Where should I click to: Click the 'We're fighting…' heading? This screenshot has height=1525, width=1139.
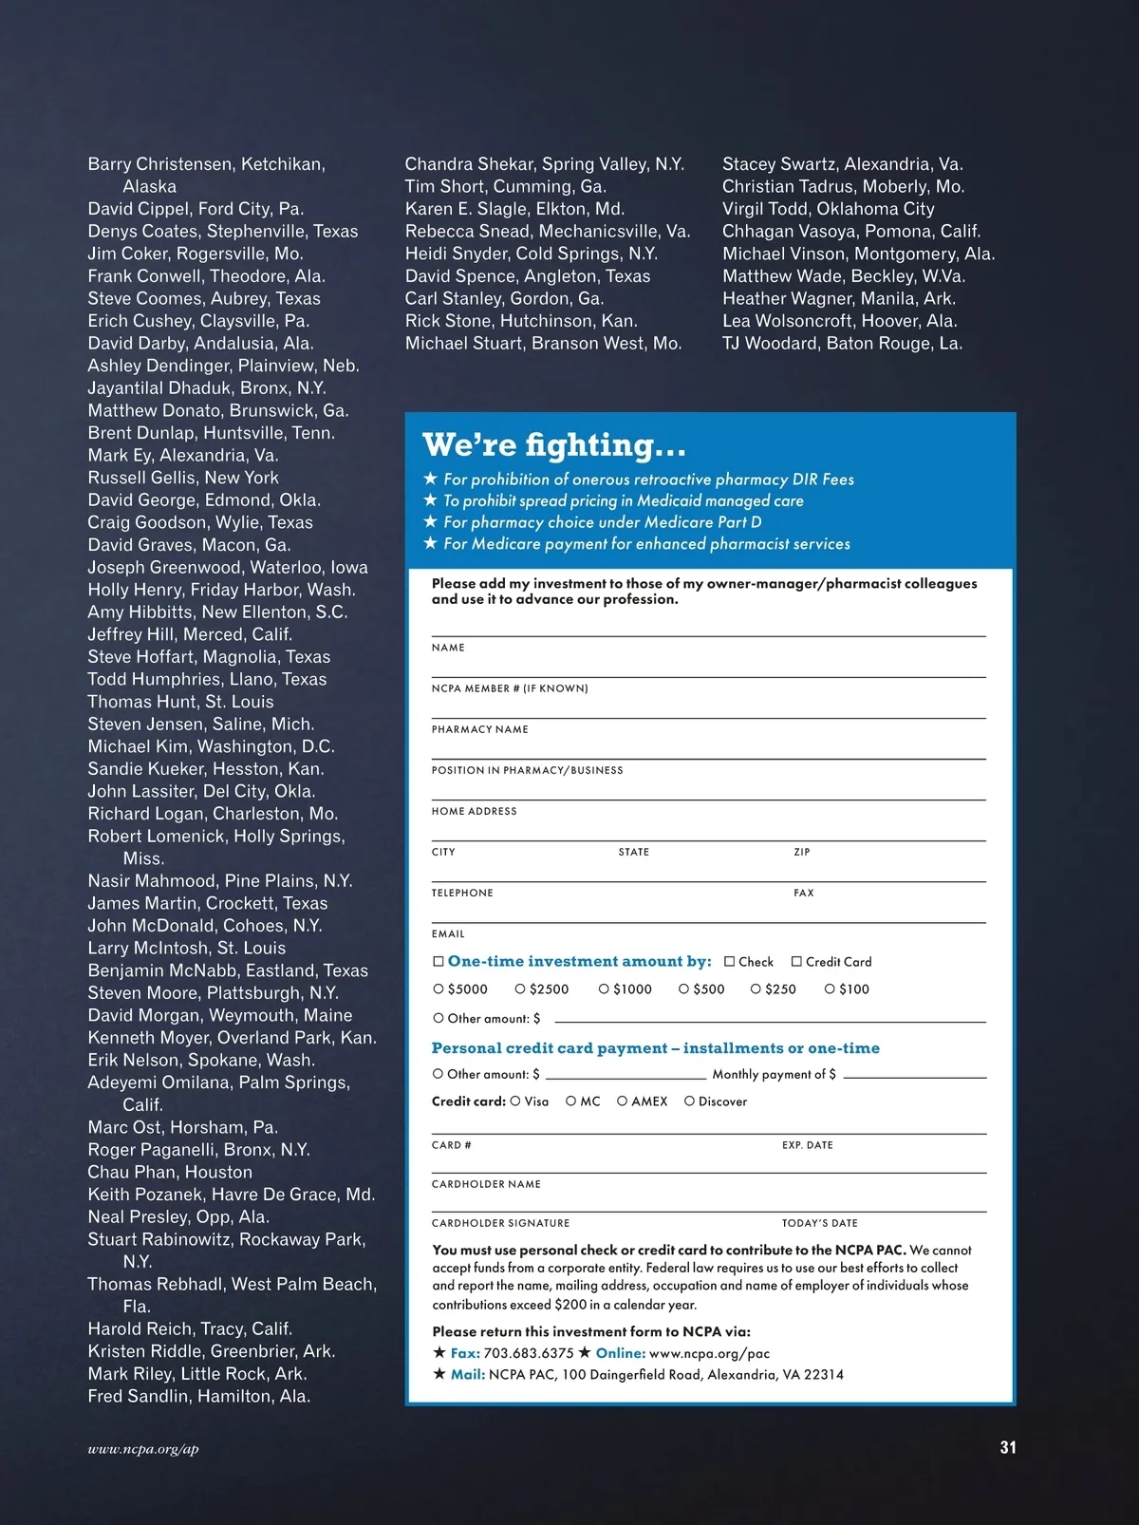(x=553, y=445)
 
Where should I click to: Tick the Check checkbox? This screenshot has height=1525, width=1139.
(x=730, y=962)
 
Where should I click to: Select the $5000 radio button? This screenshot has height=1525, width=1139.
(x=439, y=988)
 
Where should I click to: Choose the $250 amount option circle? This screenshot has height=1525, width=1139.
(x=756, y=988)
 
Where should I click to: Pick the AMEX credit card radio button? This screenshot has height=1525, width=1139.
(x=623, y=1101)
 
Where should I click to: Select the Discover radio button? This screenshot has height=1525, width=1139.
(x=690, y=1101)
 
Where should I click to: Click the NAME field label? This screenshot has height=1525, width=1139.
(x=448, y=648)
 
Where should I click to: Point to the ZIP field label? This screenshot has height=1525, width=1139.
(x=802, y=852)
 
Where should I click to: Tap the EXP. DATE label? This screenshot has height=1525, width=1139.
(x=808, y=1145)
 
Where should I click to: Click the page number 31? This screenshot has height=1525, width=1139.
(x=1008, y=1447)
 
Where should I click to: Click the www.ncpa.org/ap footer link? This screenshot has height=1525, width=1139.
(x=143, y=1449)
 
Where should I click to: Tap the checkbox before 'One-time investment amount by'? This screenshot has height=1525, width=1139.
(x=439, y=962)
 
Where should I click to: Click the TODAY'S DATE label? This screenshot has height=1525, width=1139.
(x=820, y=1223)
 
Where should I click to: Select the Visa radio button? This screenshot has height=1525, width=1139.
(x=515, y=1101)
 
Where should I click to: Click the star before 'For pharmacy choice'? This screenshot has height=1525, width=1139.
(x=430, y=522)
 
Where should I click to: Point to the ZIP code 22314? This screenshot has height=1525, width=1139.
(x=824, y=1374)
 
